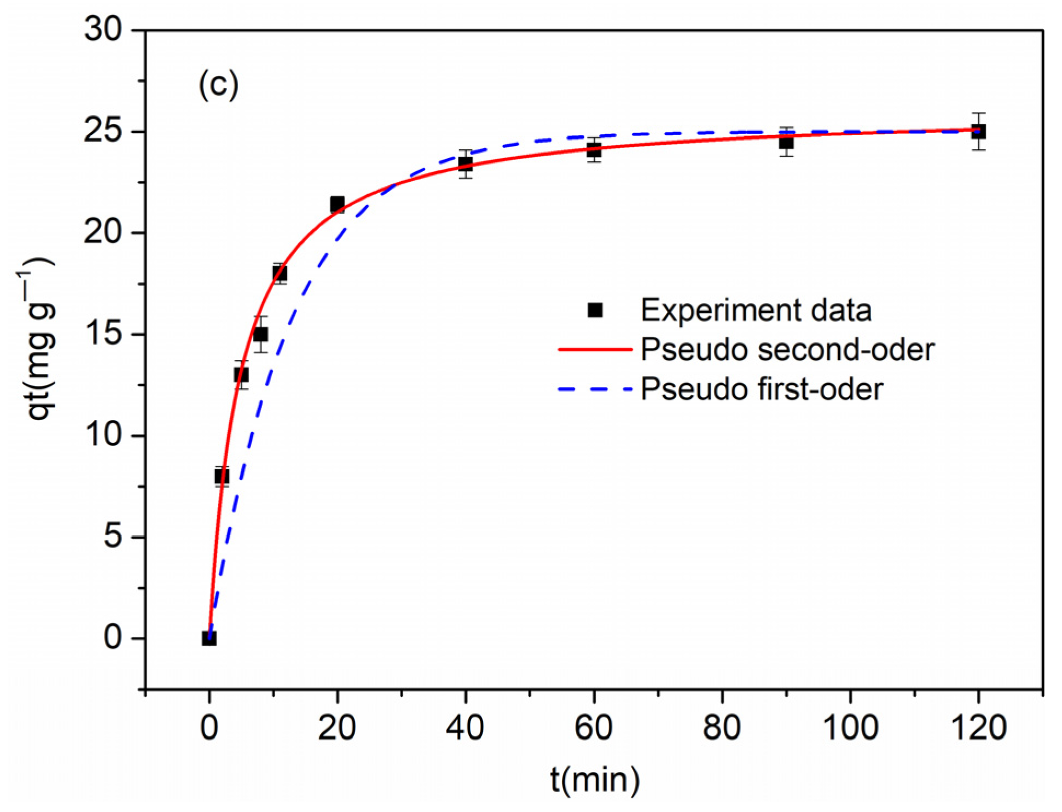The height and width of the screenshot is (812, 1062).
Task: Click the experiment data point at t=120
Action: [x=978, y=131]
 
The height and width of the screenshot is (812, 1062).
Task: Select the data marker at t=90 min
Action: [x=786, y=142]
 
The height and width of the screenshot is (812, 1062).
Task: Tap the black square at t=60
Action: [x=594, y=149]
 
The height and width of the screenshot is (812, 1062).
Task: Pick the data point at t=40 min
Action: [x=465, y=163]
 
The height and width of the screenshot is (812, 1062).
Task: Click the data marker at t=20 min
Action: [x=337, y=205]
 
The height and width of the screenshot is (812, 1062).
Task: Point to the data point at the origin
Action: [x=209, y=638]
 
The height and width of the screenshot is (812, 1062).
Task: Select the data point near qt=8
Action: [x=222, y=476]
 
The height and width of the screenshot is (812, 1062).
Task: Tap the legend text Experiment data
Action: [x=756, y=310]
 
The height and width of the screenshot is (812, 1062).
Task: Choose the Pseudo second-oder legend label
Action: [x=787, y=349]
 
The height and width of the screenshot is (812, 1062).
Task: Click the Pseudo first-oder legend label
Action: [x=761, y=389]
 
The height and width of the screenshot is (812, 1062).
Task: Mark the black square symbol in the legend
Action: [x=595, y=310]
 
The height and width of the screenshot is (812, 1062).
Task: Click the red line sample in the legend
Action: [x=595, y=349]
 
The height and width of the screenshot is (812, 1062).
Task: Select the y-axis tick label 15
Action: [x=102, y=333]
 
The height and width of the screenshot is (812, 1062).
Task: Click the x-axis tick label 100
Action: [x=850, y=728]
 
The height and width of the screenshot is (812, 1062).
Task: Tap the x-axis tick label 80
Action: [x=722, y=728]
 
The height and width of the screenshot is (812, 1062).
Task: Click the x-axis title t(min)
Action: [x=595, y=779]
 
